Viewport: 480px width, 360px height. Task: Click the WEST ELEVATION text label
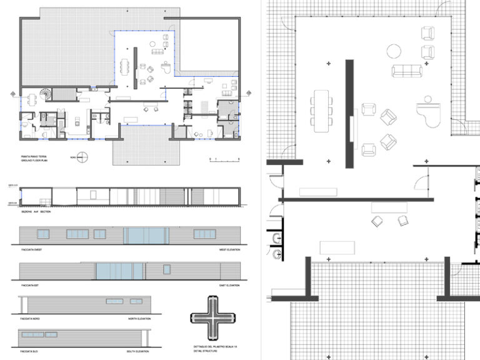(x=230, y=250)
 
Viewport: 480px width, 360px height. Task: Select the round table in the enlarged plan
(x=394, y=51)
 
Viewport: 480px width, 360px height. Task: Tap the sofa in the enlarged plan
(x=407, y=71)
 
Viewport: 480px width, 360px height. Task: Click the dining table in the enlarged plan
(x=321, y=111)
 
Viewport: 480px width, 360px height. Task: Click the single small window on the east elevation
(x=167, y=269)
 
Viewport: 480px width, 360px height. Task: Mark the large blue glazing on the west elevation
(x=146, y=236)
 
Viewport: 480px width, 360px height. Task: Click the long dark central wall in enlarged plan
(x=349, y=114)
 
